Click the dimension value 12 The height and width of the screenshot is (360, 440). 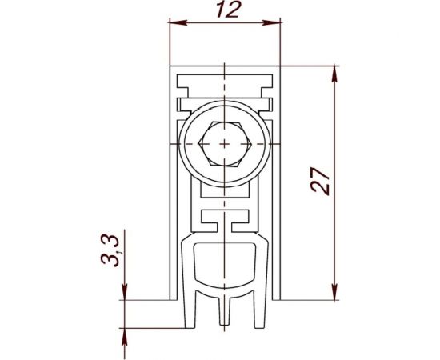[225, 10]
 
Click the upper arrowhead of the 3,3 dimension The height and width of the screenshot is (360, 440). [124, 296]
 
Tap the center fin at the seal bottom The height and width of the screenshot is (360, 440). [225, 312]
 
